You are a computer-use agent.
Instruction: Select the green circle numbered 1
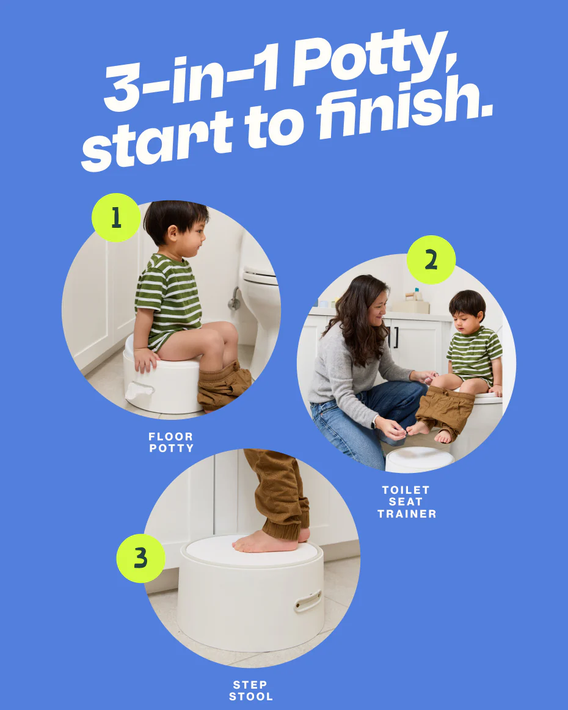(116, 218)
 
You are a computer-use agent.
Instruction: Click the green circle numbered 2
(431, 260)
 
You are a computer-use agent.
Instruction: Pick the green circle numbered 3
(140, 558)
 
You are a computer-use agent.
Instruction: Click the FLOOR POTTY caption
(171, 442)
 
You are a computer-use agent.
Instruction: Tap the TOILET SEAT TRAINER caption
(406, 502)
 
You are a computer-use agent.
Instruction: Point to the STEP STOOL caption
(251, 690)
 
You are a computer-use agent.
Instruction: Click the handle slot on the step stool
(308, 601)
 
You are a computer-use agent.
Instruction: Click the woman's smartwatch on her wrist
(374, 422)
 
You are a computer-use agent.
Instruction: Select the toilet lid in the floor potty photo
(260, 276)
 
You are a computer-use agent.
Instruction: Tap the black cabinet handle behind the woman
(396, 337)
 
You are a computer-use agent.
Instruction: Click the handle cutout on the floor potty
(139, 389)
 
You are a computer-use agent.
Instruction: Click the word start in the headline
(158, 141)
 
